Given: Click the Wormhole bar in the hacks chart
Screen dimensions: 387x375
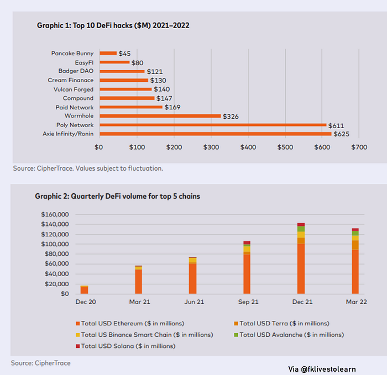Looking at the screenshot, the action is [x=160, y=116].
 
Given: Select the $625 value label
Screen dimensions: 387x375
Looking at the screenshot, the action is [x=341, y=134].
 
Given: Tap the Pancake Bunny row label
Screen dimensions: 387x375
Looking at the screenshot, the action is [x=72, y=53].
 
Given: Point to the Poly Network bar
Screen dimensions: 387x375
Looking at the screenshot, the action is [x=213, y=125].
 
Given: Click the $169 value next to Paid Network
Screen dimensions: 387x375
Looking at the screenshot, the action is [x=172, y=107].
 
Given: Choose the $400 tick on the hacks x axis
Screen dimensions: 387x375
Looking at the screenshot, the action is [x=248, y=147].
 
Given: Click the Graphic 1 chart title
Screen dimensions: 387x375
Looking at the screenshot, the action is [x=113, y=25].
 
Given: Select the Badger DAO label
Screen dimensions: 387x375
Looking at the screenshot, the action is [x=76, y=71].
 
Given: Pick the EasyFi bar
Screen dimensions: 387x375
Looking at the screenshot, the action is [x=114, y=62].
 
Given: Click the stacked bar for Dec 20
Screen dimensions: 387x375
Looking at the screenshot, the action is [x=84, y=290].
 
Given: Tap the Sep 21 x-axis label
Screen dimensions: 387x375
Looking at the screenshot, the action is [x=248, y=302].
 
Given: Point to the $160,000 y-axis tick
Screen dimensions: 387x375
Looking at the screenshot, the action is [x=55, y=214].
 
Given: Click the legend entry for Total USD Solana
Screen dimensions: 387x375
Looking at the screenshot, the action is [x=125, y=346].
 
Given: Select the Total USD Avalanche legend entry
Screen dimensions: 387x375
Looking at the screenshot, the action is [x=289, y=335].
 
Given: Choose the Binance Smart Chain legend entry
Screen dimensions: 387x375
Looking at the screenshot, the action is [x=144, y=335].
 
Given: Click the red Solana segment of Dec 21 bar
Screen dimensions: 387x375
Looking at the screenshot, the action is [x=301, y=224].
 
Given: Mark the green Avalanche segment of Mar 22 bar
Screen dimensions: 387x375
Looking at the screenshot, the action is [x=355, y=233].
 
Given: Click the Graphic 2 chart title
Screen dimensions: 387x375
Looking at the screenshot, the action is [x=117, y=196].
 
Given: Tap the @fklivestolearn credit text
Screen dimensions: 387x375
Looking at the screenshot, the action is [x=322, y=369].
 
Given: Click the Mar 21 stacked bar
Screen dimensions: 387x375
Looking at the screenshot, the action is [x=138, y=279].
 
